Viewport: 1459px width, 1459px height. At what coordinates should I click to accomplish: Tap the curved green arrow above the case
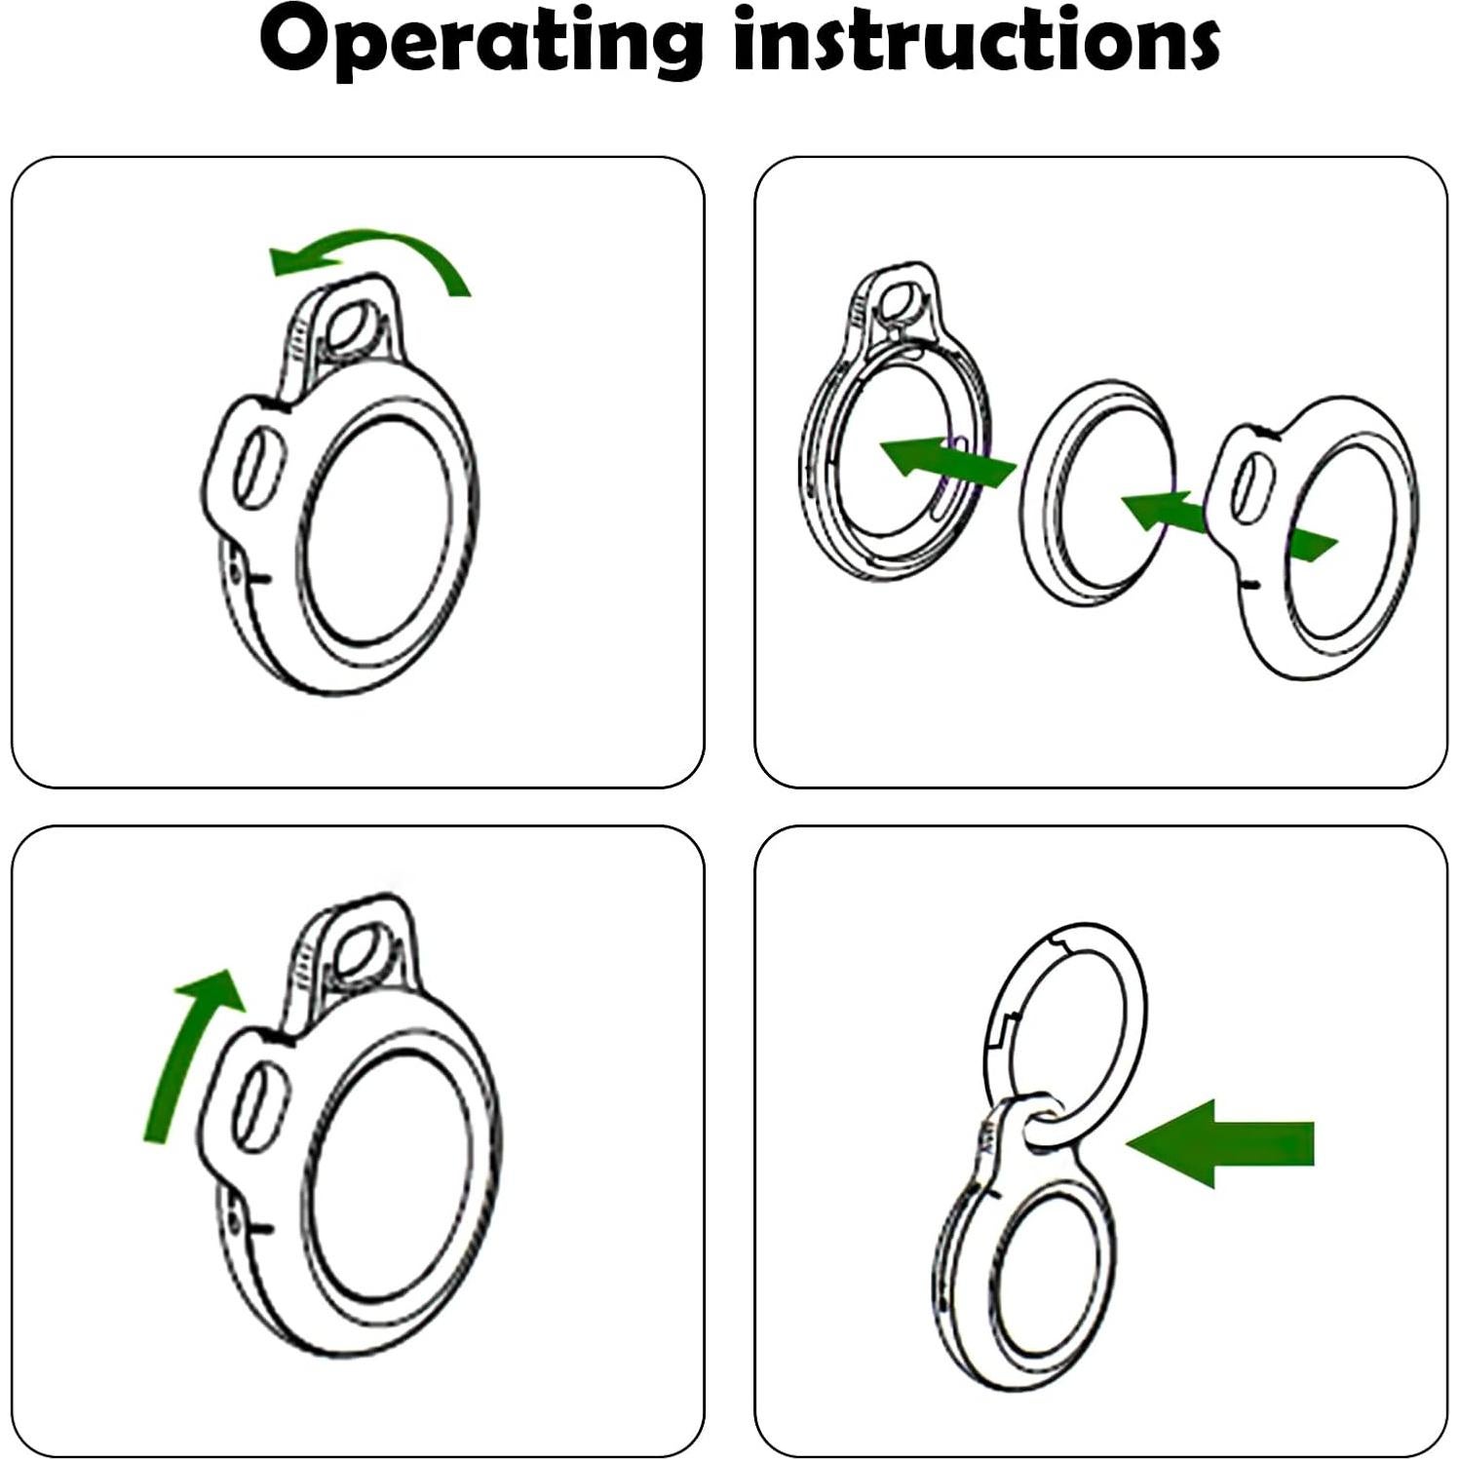tap(370, 258)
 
